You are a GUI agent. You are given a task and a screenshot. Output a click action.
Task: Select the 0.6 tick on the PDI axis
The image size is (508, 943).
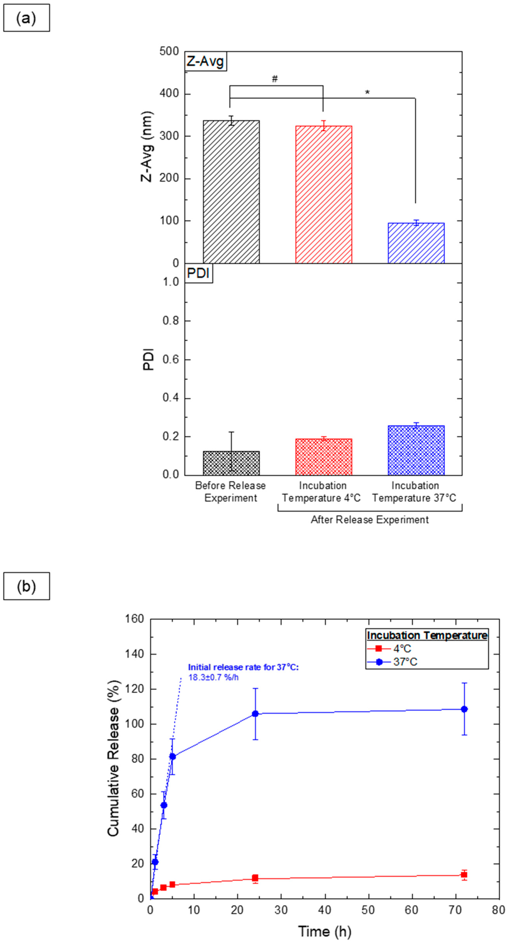pyautogui.click(x=171, y=359)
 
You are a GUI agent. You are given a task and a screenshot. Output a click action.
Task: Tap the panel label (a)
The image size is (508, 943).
pyautogui.click(x=26, y=18)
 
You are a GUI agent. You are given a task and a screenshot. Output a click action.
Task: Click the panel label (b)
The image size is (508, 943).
pyautogui.click(x=26, y=586)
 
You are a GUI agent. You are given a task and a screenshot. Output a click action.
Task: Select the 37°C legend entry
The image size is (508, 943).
pyautogui.click(x=405, y=662)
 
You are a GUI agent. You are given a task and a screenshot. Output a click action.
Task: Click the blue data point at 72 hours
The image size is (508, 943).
pyautogui.click(x=464, y=709)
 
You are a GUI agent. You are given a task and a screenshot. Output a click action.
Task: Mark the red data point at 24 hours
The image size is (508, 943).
pyautogui.click(x=255, y=878)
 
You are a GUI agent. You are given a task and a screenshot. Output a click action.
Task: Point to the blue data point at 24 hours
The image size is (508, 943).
pyautogui.click(x=255, y=714)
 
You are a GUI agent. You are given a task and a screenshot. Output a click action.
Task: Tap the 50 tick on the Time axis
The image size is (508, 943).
pyautogui.click(x=368, y=910)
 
